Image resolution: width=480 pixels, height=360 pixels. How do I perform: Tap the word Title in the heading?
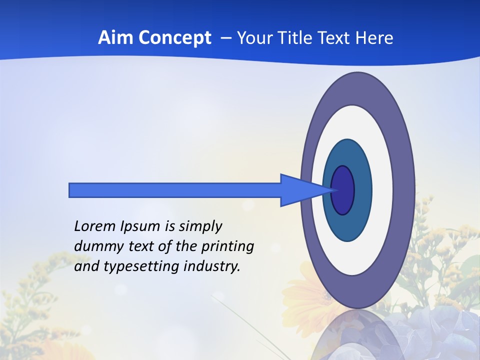point(299,38)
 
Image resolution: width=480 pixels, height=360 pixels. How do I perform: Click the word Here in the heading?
point(374,38)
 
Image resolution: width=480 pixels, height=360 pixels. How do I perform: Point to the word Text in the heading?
point(335,38)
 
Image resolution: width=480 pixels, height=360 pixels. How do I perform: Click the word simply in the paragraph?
point(200,227)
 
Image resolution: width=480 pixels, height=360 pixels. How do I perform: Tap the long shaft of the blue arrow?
point(175,190)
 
